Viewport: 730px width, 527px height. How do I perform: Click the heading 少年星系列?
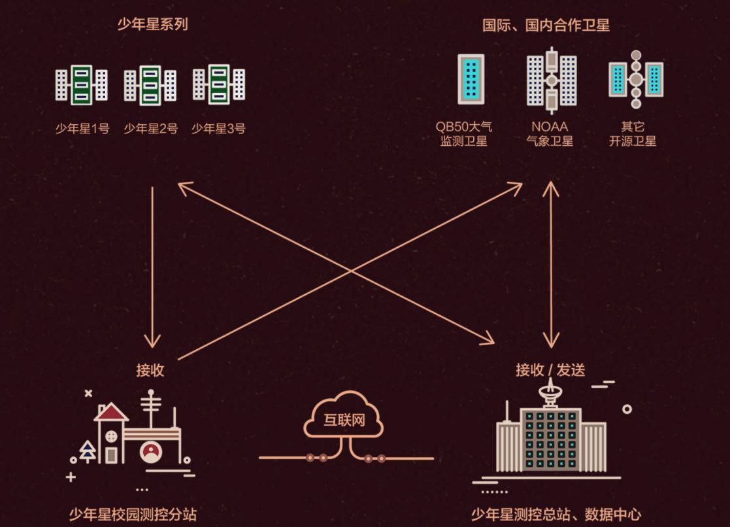click(152, 25)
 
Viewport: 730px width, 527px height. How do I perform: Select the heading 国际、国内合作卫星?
click(546, 25)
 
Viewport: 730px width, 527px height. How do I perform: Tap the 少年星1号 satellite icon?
click(82, 85)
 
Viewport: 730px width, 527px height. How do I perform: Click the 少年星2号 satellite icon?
click(150, 85)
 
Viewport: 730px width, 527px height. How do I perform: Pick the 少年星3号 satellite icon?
click(219, 85)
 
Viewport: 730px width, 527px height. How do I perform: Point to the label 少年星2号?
click(150, 129)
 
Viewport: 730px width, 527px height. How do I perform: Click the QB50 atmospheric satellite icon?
click(471, 78)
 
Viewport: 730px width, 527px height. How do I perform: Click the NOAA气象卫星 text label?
click(550, 133)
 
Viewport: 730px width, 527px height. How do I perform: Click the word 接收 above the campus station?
click(150, 370)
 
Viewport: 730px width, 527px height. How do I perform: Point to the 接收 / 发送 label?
click(550, 370)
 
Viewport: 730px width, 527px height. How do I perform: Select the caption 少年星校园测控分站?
click(133, 515)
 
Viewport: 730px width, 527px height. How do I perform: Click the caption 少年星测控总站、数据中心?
click(556, 515)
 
